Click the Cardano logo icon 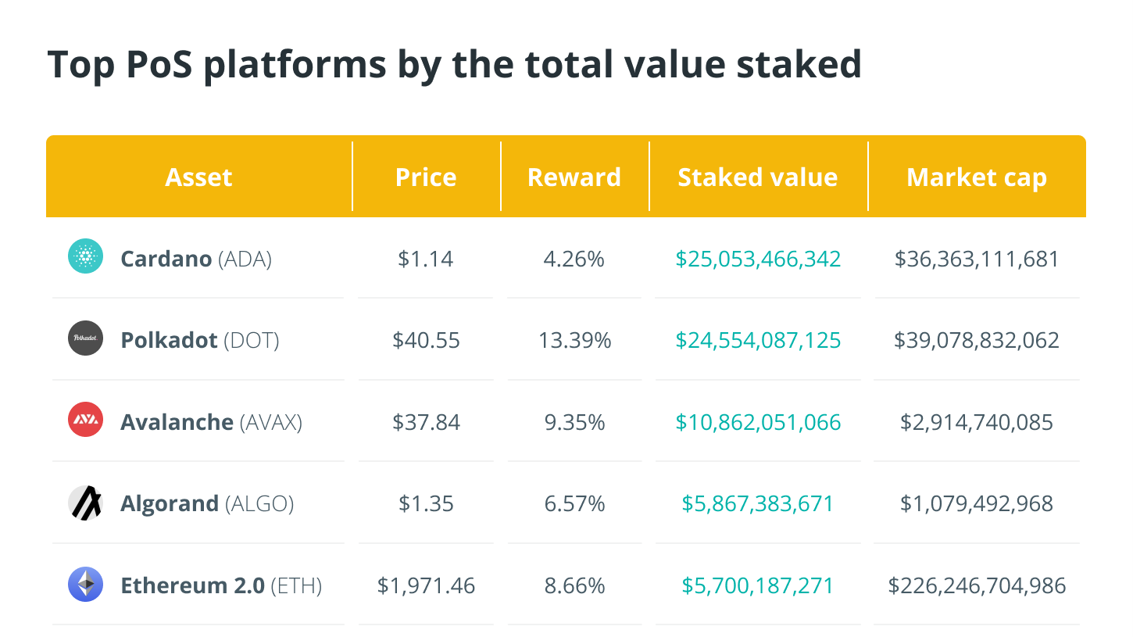pyautogui.click(x=86, y=257)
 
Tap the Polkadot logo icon pyautogui.click(x=86, y=338)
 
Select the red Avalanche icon pyautogui.click(x=86, y=420)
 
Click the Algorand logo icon pyautogui.click(x=86, y=503)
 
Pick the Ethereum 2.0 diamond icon pyautogui.click(x=86, y=584)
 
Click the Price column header pyautogui.click(x=426, y=177)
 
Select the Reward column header pyautogui.click(x=574, y=177)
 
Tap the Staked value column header pyautogui.click(x=758, y=177)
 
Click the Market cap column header pyautogui.click(x=977, y=177)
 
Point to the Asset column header pyautogui.click(x=199, y=177)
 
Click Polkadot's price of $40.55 pyautogui.click(x=426, y=340)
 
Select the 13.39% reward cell pyautogui.click(x=574, y=340)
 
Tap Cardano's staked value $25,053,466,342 pyautogui.click(x=758, y=259)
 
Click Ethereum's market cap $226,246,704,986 pyautogui.click(x=977, y=585)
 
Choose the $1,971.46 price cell pyautogui.click(x=426, y=585)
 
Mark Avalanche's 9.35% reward pyautogui.click(x=574, y=422)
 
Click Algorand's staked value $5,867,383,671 pyautogui.click(x=758, y=503)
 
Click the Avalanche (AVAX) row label pyautogui.click(x=211, y=422)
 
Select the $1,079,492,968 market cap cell pyautogui.click(x=977, y=503)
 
